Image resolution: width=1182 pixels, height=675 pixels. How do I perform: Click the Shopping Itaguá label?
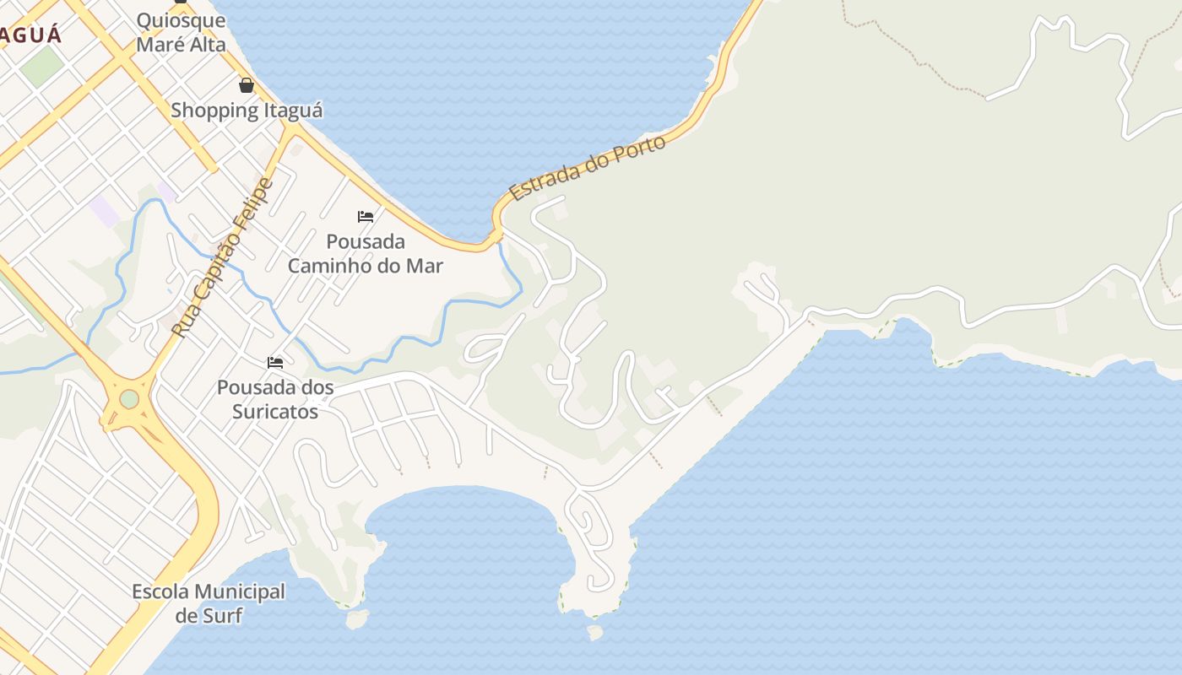point(247,111)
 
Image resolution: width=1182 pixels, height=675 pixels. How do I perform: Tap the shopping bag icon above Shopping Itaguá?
point(247,85)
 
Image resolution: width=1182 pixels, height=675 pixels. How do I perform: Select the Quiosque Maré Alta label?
point(181,32)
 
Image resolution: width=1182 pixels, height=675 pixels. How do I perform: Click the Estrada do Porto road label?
point(588,168)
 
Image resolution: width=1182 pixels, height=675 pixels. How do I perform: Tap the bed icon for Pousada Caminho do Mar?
point(366,217)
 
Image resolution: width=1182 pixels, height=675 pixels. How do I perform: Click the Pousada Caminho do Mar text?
point(366,253)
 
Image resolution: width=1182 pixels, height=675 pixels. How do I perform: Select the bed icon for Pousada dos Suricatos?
point(275,363)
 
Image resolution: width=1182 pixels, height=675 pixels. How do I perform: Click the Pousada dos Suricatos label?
point(275,400)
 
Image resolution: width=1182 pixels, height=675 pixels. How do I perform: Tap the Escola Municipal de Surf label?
point(209,603)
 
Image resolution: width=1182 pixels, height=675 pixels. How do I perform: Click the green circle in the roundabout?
point(129,398)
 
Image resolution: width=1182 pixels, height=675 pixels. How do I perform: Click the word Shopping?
point(214,111)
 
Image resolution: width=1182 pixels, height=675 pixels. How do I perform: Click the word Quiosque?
point(181,20)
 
